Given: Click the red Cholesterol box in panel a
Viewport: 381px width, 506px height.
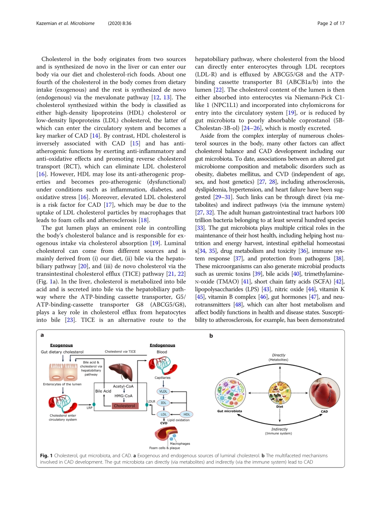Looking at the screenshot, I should tap(124, 406).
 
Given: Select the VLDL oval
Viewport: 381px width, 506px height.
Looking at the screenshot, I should tap(163, 391).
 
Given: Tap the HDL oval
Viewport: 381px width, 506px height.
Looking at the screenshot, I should tap(186, 414).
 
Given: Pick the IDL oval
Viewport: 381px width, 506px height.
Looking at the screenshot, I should tap(163, 403).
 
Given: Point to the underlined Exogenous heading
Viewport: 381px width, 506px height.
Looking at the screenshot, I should tap(61, 345).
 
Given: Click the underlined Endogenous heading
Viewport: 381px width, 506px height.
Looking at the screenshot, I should tap(162, 345).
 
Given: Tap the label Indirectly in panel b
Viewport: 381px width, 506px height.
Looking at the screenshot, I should tap(279, 429).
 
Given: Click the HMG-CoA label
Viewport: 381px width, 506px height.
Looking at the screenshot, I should tap(124, 396).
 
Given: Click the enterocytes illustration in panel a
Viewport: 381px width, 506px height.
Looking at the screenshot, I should tap(62, 372).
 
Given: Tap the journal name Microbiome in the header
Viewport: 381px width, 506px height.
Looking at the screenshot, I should tap(82, 23).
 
